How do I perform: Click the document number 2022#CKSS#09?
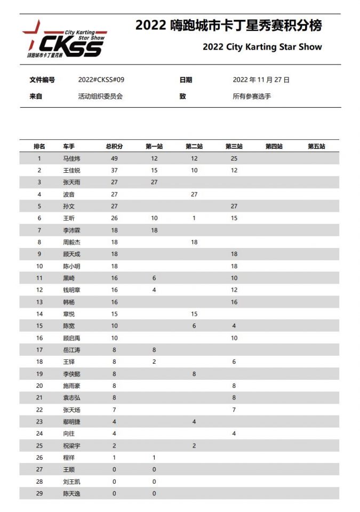tap(101, 80)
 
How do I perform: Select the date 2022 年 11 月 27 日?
tap(261, 80)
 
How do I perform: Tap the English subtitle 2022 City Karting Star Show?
tap(262, 47)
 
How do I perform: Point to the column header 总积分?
tap(114, 146)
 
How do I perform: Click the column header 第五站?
tap(316, 146)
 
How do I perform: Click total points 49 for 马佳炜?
tap(114, 158)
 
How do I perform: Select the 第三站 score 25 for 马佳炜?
tap(234, 158)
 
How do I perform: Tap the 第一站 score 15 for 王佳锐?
tap(154, 170)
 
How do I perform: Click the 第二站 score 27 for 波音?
tap(194, 194)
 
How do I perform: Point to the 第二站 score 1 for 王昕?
tap(194, 218)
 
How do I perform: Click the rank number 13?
tap(39, 302)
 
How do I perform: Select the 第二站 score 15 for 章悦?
tap(194, 314)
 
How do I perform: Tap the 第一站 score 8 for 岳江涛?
tap(154, 350)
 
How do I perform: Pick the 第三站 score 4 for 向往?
tap(234, 434)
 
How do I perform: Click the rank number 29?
tap(39, 493)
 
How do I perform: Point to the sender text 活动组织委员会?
tap(101, 97)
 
